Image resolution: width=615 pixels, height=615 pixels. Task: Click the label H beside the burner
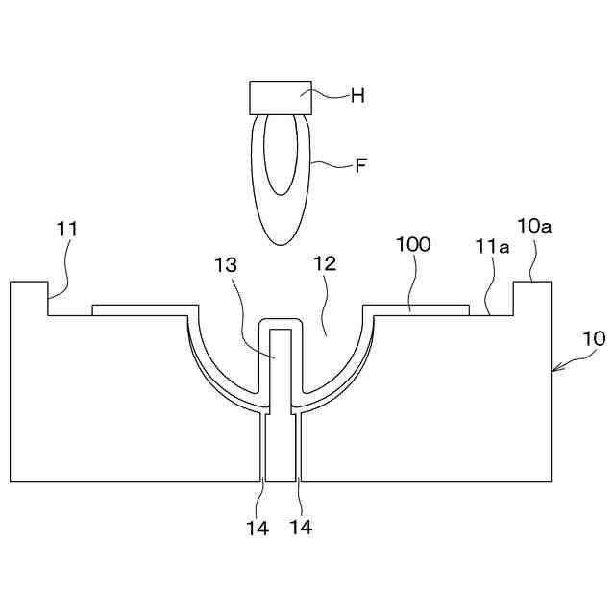(357, 95)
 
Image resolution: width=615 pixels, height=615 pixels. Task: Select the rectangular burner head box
(280, 97)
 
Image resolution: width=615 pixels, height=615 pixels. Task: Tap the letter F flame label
(361, 165)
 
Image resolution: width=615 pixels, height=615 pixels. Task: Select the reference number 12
(324, 264)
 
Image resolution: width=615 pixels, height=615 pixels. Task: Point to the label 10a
(534, 227)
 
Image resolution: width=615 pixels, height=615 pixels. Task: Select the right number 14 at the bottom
(301, 527)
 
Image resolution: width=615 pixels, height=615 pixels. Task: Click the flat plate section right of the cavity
(416, 310)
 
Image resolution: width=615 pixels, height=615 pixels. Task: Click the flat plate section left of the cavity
(140, 310)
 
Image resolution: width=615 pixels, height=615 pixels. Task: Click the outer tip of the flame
(281, 239)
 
